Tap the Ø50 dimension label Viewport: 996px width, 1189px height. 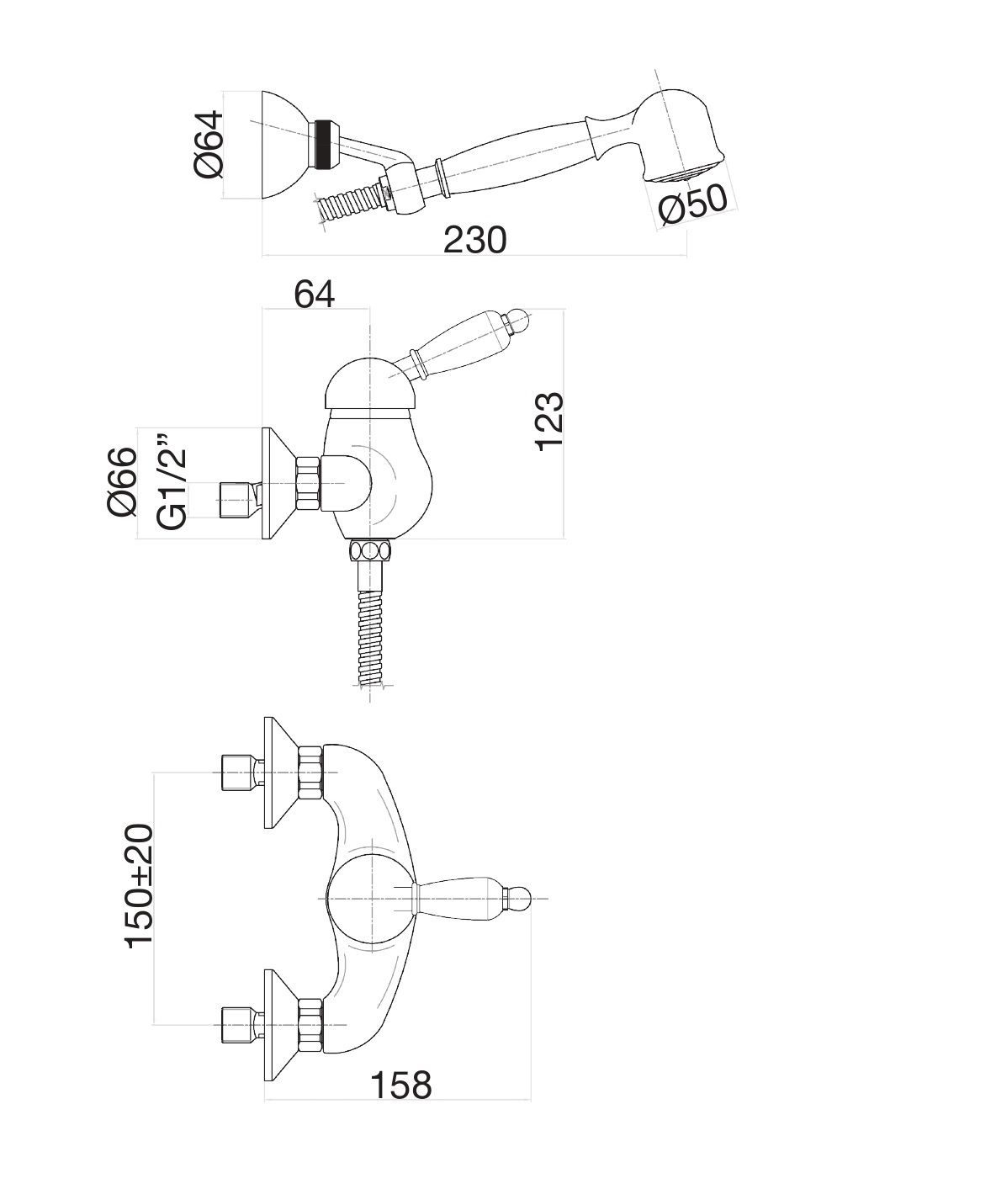point(692,203)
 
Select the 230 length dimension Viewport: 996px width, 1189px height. point(475,240)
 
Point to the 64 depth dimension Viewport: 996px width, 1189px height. point(315,295)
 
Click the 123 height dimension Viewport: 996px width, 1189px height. point(550,422)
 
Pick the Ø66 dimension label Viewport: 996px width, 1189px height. point(123,482)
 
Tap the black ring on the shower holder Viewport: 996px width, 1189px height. point(324,144)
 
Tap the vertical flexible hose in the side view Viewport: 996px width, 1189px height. point(370,637)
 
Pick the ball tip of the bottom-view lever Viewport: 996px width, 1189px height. point(518,899)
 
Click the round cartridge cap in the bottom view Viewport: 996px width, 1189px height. point(371,899)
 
